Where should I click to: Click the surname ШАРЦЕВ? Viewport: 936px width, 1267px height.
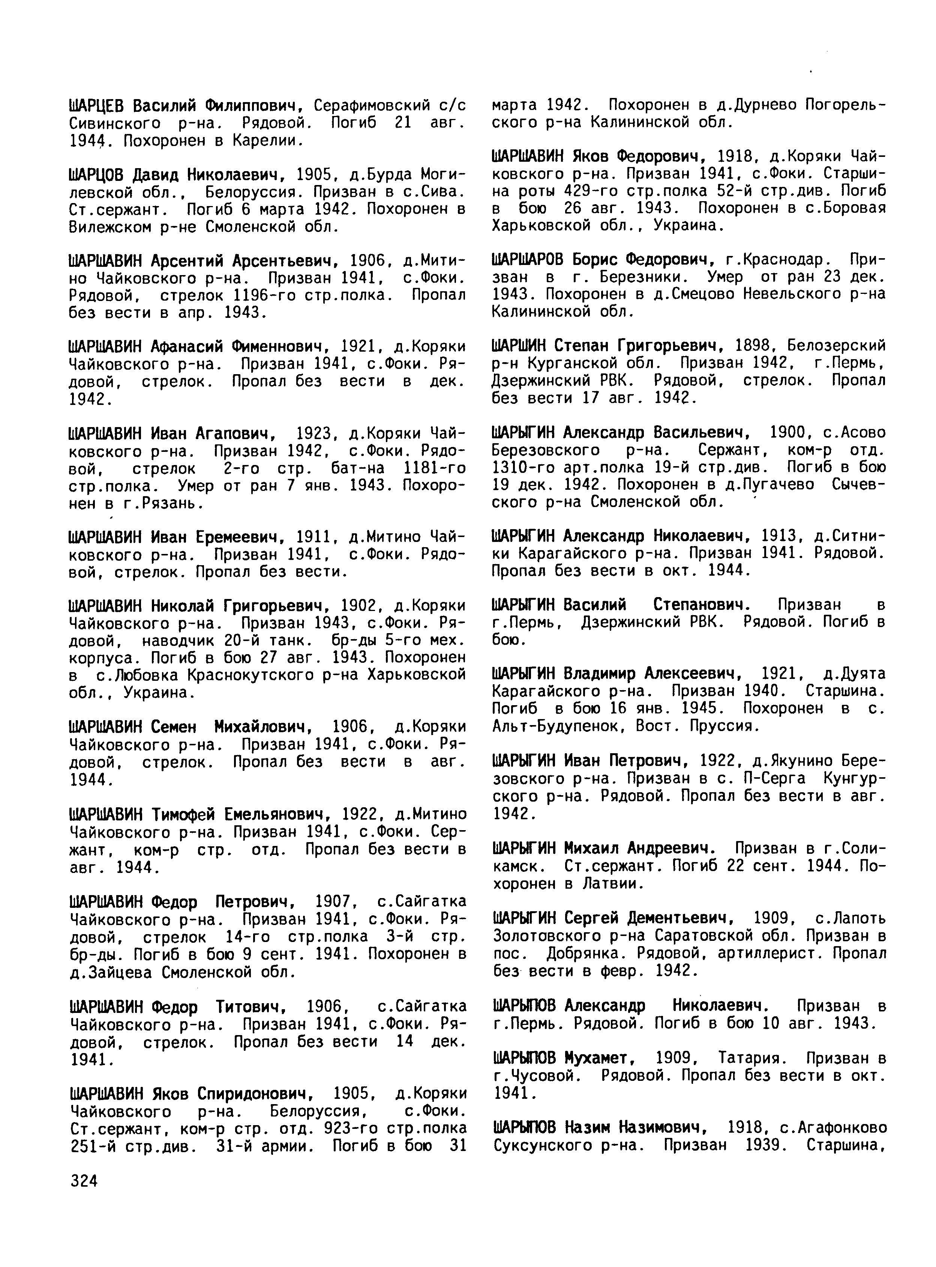(x=97, y=105)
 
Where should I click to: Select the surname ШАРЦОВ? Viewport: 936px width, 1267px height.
(x=97, y=175)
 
